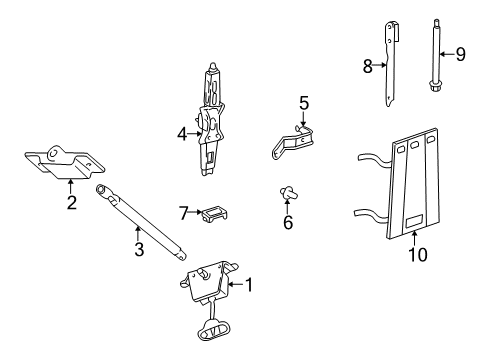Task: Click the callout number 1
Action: pyautogui.click(x=250, y=285)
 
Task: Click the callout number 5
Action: pyautogui.click(x=304, y=102)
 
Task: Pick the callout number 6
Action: pyautogui.click(x=287, y=222)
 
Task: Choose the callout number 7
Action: pyautogui.click(x=183, y=213)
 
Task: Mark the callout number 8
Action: pyautogui.click(x=368, y=67)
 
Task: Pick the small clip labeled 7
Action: pyautogui.click(x=214, y=213)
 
